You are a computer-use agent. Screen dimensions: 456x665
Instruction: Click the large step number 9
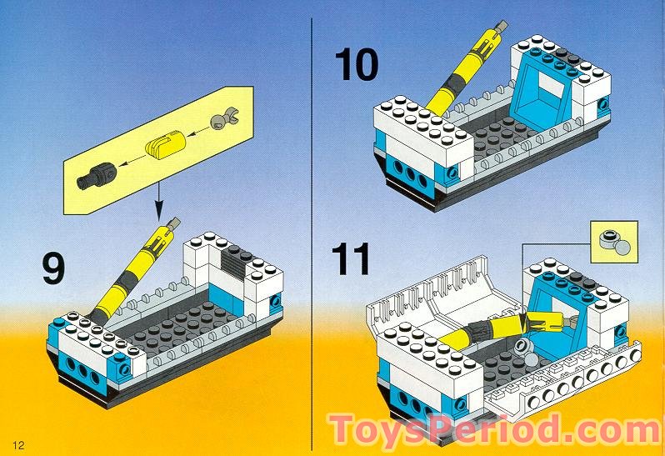(x=52, y=268)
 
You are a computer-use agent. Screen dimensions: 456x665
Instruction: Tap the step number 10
(x=356, y=65)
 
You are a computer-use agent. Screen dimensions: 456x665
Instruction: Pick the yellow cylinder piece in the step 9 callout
(x=162, y=148)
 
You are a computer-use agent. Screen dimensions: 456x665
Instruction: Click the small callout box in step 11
(x=612, y=242)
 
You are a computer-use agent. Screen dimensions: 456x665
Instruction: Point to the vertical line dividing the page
(x=311, y=225)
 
